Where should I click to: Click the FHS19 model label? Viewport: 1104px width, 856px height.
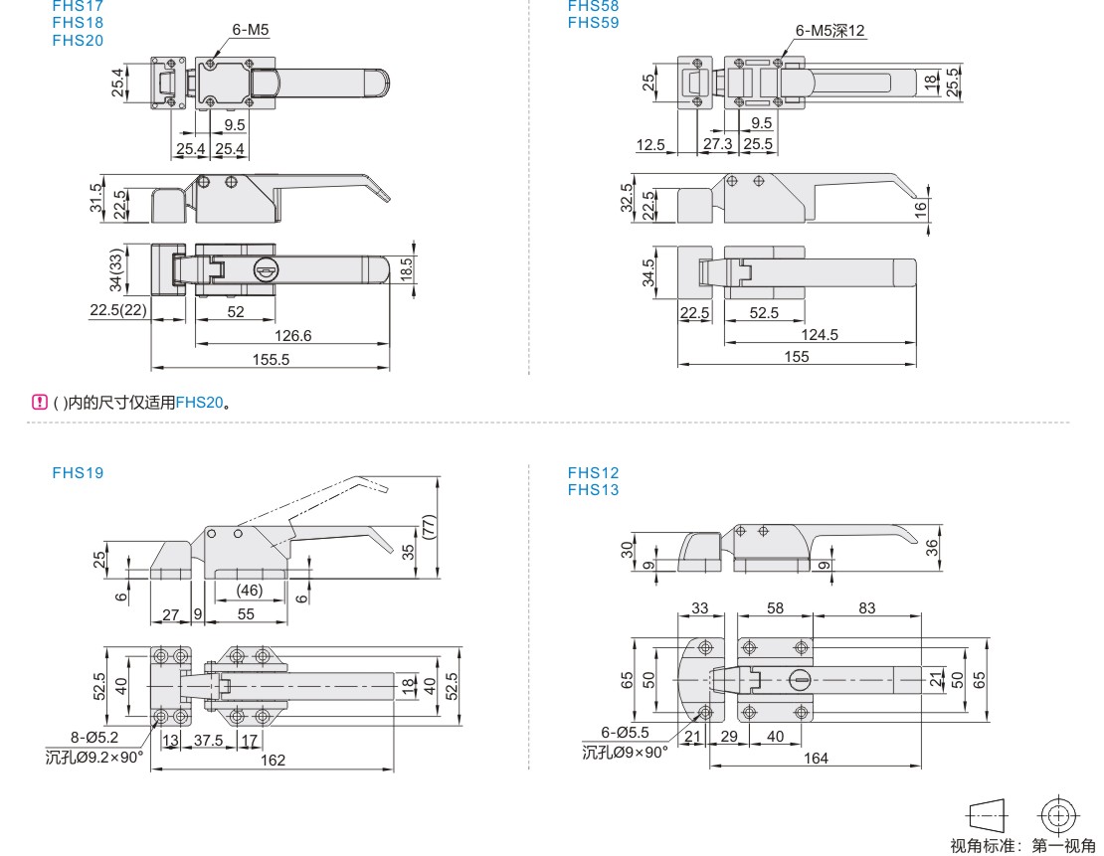(x=78, y=473)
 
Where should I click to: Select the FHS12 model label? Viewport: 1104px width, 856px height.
(x=593, y=473)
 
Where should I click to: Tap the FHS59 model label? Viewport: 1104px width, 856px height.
(x=593, y=21)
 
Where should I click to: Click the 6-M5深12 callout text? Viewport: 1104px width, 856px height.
(x=830, y=31)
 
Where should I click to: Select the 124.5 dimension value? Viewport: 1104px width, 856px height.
(x=819, y=334)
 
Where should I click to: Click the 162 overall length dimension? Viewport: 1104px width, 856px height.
(x=273, y=760)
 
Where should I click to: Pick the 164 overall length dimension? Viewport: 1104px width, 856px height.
(x=815, y=758)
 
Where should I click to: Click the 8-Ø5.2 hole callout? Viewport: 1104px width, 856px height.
(x=94, y=737)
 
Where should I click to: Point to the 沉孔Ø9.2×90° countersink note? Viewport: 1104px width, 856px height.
(x=94, y=757)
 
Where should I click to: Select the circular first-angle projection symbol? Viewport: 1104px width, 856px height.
(x=1056, y=815)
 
